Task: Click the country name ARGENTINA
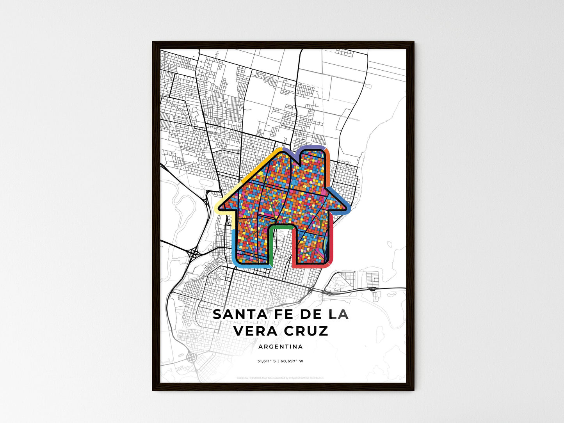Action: [280, 347]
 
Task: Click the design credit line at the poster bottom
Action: [280, 378]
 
